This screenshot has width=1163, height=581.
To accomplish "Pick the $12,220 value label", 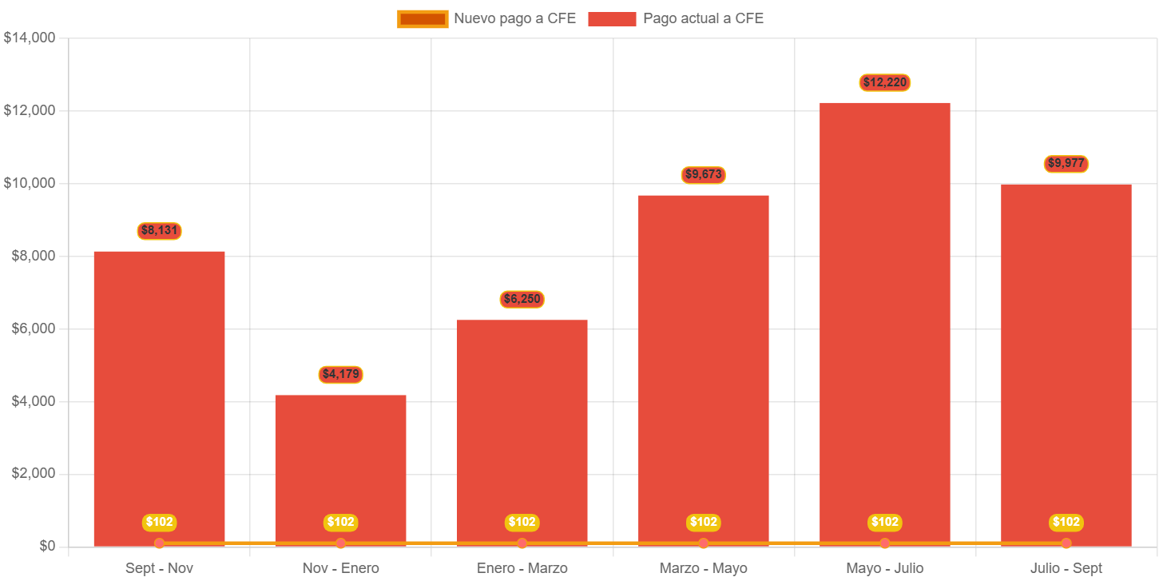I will (x=885, y=82).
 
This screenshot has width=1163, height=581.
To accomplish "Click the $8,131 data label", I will (x=159, y=231).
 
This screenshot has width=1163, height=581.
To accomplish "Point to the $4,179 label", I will (x=341, y=374).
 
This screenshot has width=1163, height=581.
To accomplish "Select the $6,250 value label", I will (x=522, y=300).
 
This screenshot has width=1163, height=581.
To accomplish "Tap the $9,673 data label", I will (x=704, y=174).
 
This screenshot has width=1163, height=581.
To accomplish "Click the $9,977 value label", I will (x=1066, y=164).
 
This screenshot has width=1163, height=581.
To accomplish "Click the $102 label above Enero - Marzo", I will (x=522, y=522).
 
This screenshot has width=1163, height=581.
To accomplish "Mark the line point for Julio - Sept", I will (x=1066, y=543).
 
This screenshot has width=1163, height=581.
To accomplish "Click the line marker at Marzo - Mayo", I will (x=704, y=543).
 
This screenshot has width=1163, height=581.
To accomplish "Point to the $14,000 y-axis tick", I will (x=29, y=38).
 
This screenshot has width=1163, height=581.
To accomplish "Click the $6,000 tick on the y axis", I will (x=32, y=328).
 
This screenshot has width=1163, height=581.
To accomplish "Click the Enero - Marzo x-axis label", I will (x=522, y=568).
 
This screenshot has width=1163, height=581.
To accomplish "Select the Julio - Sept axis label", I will (x=1066, y=568).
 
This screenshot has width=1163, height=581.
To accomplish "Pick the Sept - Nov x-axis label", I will (x=159, y=568).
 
